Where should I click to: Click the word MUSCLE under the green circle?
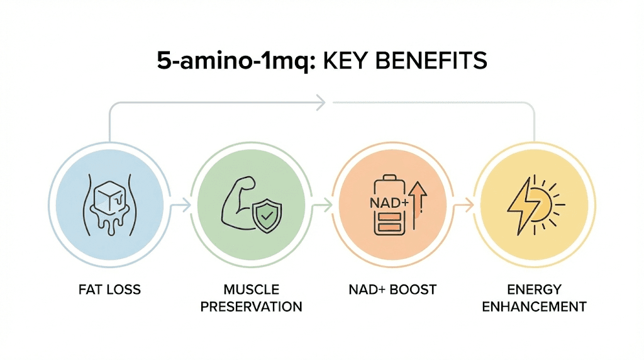pyautogui.click(x=251, y=290)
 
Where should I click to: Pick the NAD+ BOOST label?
pyautogui.click(x=392, y=290)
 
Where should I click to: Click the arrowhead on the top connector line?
pyautogui.click(x=321, y=101)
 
